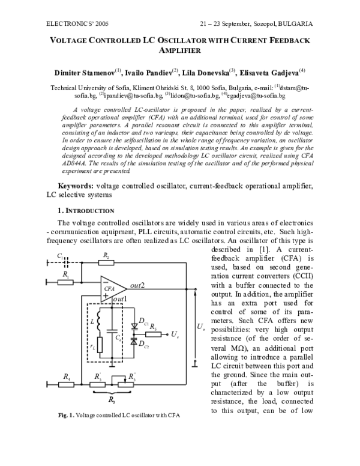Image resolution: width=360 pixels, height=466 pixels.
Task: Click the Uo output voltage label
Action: coord(201,327)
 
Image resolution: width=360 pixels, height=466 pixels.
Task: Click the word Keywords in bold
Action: coord(76,186)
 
